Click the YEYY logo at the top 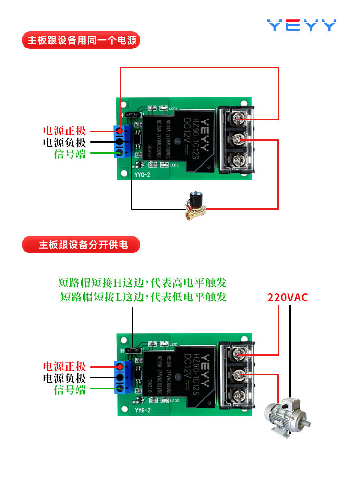[301, 25]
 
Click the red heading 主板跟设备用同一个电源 [80, 40]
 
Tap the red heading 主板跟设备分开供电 [81, 245]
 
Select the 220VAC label [288, 297]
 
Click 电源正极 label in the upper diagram [64, 131]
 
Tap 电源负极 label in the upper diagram [64, 143]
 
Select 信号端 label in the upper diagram [70, 154]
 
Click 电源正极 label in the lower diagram [64, 366]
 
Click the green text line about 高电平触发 [142, 283]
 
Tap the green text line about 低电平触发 [143, 297]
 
